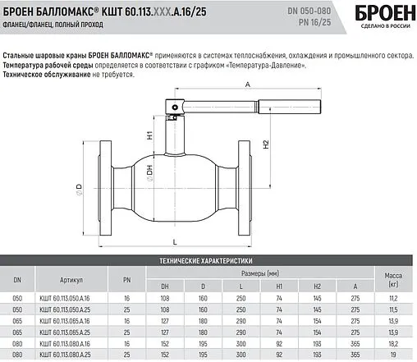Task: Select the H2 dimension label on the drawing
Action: coord(267,144)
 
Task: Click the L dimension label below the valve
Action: coord(176,241)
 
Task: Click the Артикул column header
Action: coord(71,280)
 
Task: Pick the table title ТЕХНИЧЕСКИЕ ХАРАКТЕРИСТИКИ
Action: coord(208,259)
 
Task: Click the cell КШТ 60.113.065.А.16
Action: coord(72,315)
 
